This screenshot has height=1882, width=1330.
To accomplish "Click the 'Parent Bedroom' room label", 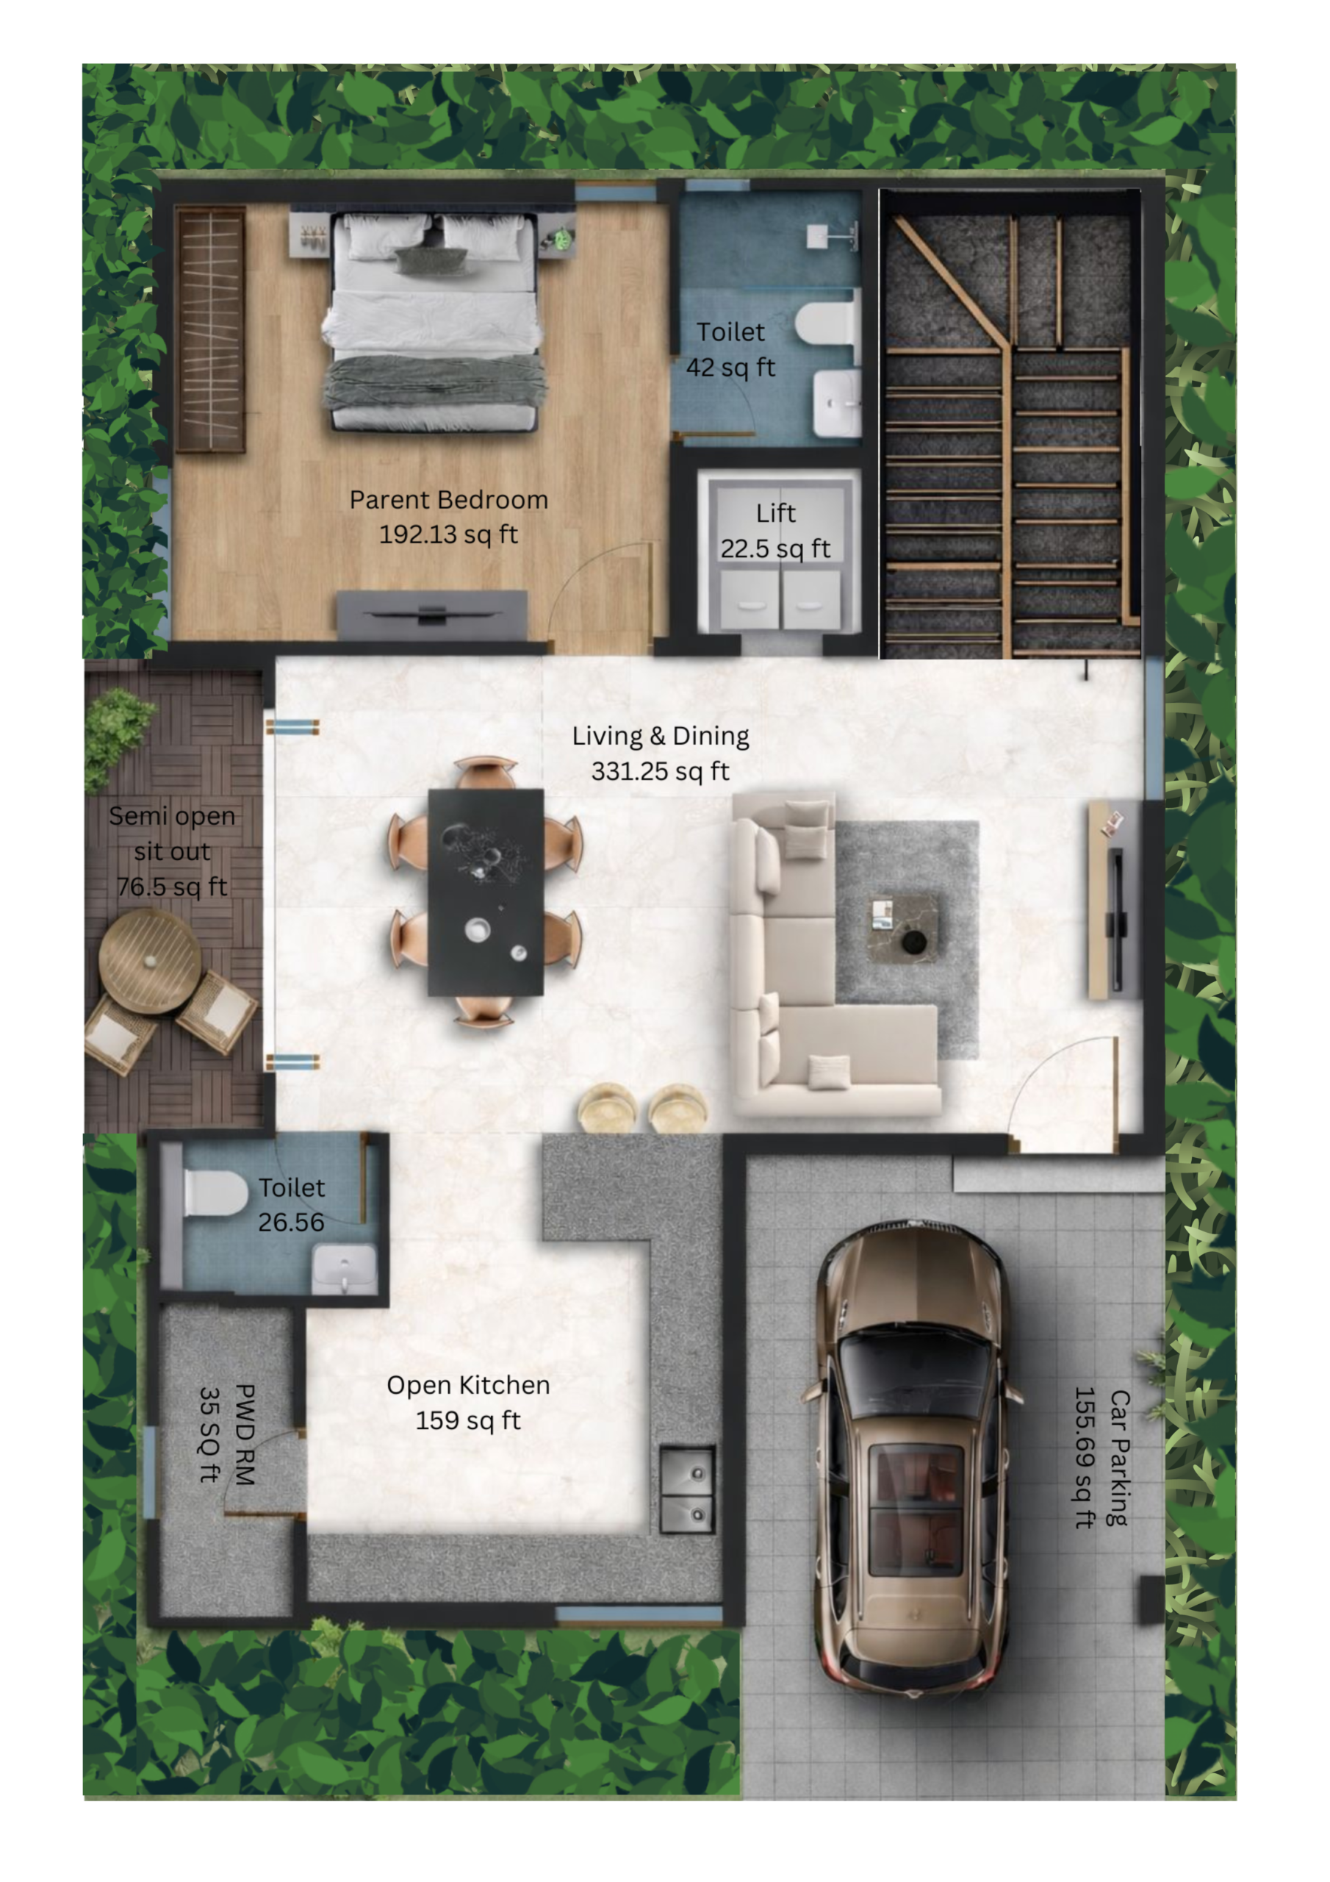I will click(448, 500).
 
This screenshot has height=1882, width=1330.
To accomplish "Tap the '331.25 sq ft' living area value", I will click(660, 771).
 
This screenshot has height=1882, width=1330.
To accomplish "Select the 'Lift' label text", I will click(775, 514).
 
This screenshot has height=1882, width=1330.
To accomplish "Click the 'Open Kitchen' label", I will click(468, 1385).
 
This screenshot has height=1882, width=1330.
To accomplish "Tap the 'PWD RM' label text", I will click(245, 1434).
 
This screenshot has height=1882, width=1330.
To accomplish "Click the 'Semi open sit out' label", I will click(172, 834).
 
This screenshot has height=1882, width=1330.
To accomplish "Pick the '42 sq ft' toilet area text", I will click(730, 368).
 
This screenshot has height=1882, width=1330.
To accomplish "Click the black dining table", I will click(485, 892).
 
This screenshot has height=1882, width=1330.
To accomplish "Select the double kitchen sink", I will click(687, 1489).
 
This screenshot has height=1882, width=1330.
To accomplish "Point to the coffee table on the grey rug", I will click(902, 926).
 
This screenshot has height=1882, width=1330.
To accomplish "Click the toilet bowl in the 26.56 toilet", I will click(215, 1192).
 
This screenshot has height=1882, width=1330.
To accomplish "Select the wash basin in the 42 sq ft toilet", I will click(837, 404).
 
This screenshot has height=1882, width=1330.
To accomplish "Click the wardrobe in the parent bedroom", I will click(211, 329).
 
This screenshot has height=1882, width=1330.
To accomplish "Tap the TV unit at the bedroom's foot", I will click(432, 614).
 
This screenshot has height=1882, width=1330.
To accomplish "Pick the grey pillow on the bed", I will click(431, 261).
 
